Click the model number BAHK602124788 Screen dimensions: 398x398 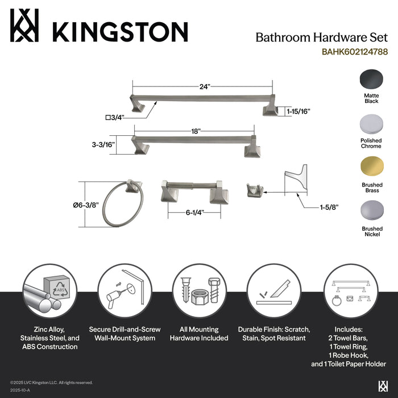point(347,51)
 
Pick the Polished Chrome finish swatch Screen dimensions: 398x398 point(371,124)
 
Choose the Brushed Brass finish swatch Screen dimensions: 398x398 point(371,168)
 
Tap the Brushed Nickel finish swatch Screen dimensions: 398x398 point(371,212)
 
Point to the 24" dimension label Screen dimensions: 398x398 point(205,86)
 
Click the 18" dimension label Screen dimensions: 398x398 point(196,131)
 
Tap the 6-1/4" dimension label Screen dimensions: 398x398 point(193,212)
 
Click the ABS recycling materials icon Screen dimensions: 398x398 point(49,293)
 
